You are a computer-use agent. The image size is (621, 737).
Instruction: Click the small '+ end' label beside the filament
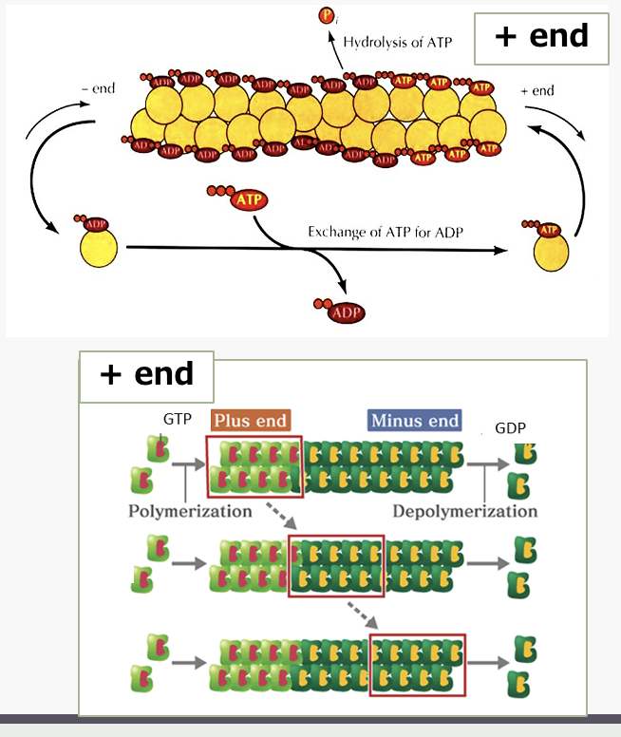537,91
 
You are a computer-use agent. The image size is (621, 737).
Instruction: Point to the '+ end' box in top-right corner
541,38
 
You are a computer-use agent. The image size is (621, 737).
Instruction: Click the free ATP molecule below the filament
238,198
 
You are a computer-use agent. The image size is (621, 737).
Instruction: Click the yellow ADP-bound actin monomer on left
99,245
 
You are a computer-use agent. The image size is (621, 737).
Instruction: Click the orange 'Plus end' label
250,420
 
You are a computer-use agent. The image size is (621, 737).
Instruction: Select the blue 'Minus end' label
415,420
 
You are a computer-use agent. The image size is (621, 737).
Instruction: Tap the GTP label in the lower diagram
177,419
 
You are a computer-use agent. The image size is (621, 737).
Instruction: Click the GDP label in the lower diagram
510,427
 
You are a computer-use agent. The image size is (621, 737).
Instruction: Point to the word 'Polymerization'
190,511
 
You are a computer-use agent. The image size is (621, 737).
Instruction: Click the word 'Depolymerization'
464,511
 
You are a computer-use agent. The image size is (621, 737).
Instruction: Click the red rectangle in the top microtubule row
254,465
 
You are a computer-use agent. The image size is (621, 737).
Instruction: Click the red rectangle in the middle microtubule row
336,566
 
